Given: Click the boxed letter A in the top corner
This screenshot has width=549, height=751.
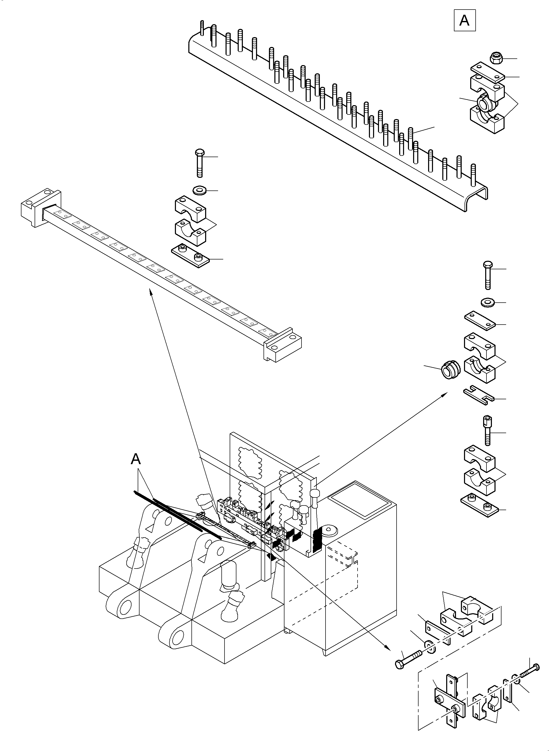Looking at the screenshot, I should coord(464,21).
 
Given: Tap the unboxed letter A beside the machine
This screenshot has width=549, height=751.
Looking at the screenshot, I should coord(136,459).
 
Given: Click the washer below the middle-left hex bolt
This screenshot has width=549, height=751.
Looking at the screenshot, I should coord(199,191).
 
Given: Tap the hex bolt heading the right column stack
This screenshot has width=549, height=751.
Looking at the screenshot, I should coord(488,275).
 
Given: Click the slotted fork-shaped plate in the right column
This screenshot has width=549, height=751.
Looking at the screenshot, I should coord(479,396).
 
